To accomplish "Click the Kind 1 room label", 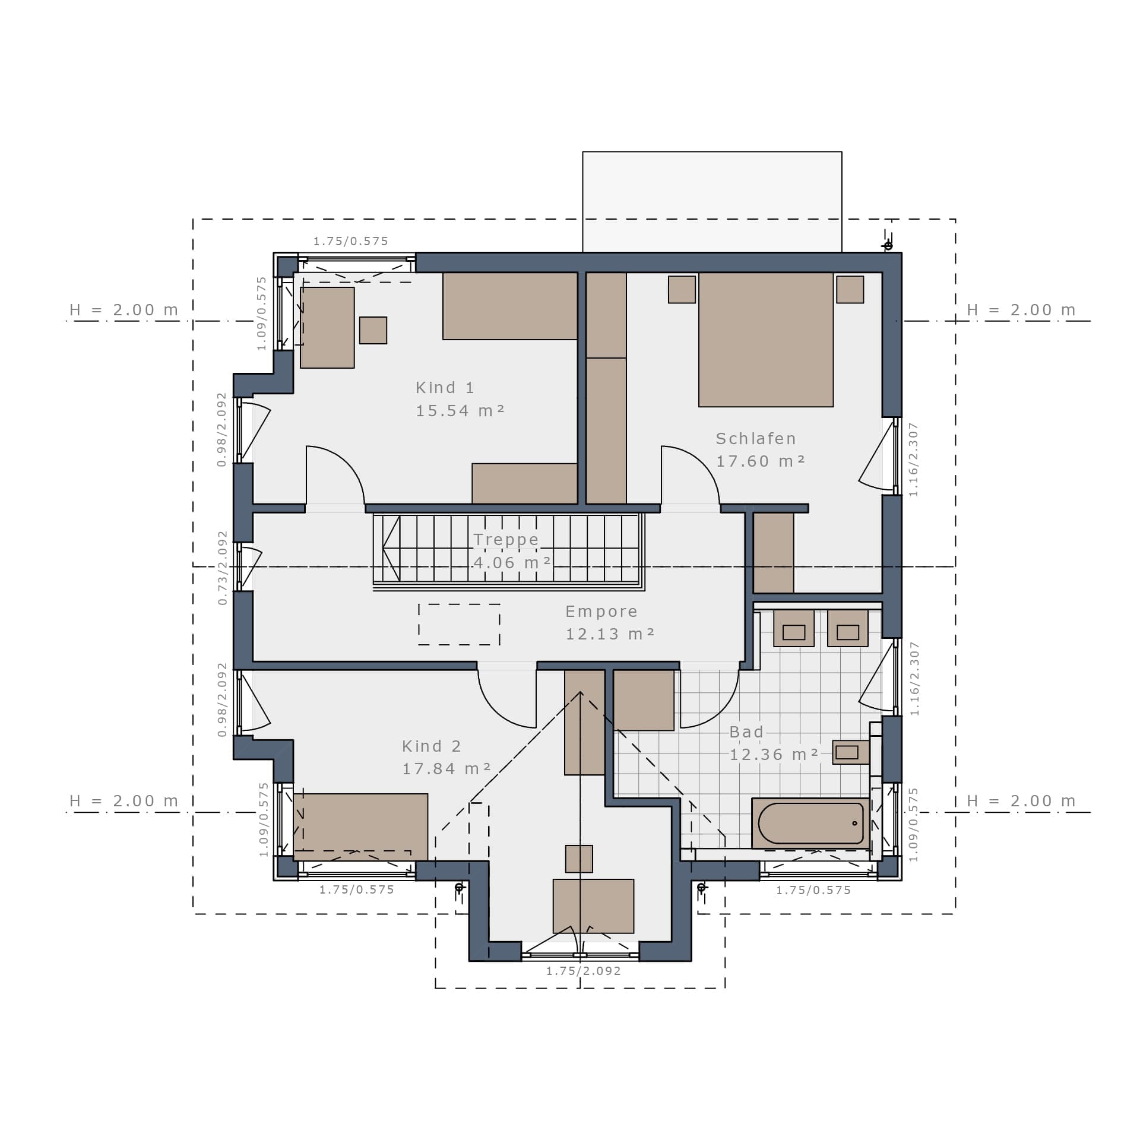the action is [445, 388].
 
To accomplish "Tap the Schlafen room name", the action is [755, 439].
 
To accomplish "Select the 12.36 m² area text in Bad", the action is [774, 755].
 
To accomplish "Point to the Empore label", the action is [601, 612].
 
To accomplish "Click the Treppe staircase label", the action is [506, 540].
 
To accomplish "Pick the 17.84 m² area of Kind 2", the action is [446, 769].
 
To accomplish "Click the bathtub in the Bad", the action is [810, 823].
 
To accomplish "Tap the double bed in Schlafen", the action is [766, 340].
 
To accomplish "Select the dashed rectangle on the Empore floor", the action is [459, 625].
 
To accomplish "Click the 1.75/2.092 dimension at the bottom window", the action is [583, 971].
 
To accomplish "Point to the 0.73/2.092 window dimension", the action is [223, 568].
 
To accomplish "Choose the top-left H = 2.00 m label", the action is [123, 310].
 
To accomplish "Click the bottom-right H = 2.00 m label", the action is [1021, 801].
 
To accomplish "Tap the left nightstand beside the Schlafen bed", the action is [682, 290].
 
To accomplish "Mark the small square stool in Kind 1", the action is [373, 330].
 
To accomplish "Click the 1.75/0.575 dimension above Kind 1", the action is [350, 241].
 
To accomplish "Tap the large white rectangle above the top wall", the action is [712, 202].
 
